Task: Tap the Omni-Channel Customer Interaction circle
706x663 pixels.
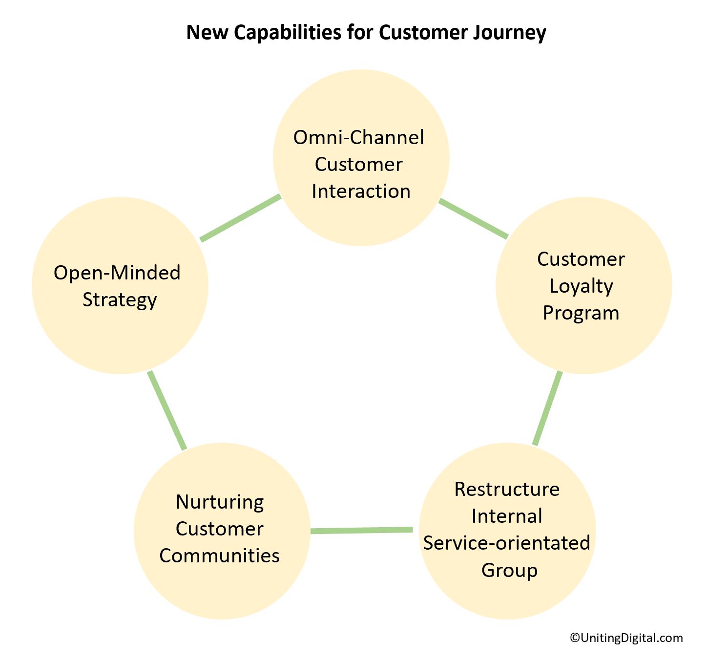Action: pos(361,220)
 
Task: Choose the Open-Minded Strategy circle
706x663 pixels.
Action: pos(120,337)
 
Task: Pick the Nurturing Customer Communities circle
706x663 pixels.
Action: pos(222,591)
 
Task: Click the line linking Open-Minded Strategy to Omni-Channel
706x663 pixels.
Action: pos(241,218)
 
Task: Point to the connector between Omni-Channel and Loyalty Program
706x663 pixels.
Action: pos(473,219)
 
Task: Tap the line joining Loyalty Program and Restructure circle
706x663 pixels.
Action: pos(547,408)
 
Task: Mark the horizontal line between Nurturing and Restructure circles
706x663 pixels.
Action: pos(361,530)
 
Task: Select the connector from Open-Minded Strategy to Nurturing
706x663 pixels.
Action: pos(167,410)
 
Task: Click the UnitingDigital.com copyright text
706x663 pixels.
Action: pos(626,638)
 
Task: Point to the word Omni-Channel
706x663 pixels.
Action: pos(358,137)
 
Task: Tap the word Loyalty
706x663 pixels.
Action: pos(581,286)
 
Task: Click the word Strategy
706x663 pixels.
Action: pos(120,299)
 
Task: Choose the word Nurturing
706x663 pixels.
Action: pos(220,502)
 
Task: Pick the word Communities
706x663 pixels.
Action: pos(219,556)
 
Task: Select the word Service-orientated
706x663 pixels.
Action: pos(506,543)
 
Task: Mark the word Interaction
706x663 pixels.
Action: pos(361,191)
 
